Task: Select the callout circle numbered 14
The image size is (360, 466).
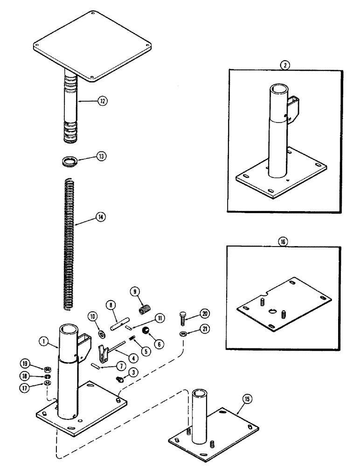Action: click(x=100, y=216)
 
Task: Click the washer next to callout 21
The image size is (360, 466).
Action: click(x=183, y=334)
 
